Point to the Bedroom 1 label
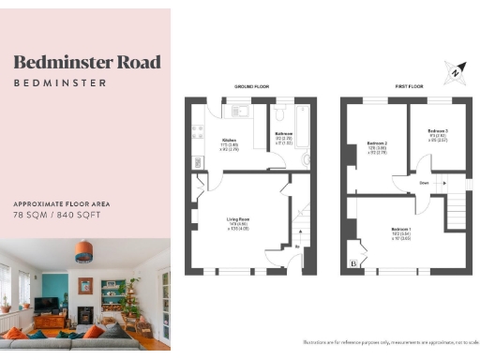click(x=401, y=231)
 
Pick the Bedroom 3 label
click(x=437, y=130)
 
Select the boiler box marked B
click(x=352, y=264)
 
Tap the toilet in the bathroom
click(x=306, y=160)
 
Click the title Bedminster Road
click(x=86, y=63)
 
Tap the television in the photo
click(x=47, y=305)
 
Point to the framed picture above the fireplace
click(x=84, y=286)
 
